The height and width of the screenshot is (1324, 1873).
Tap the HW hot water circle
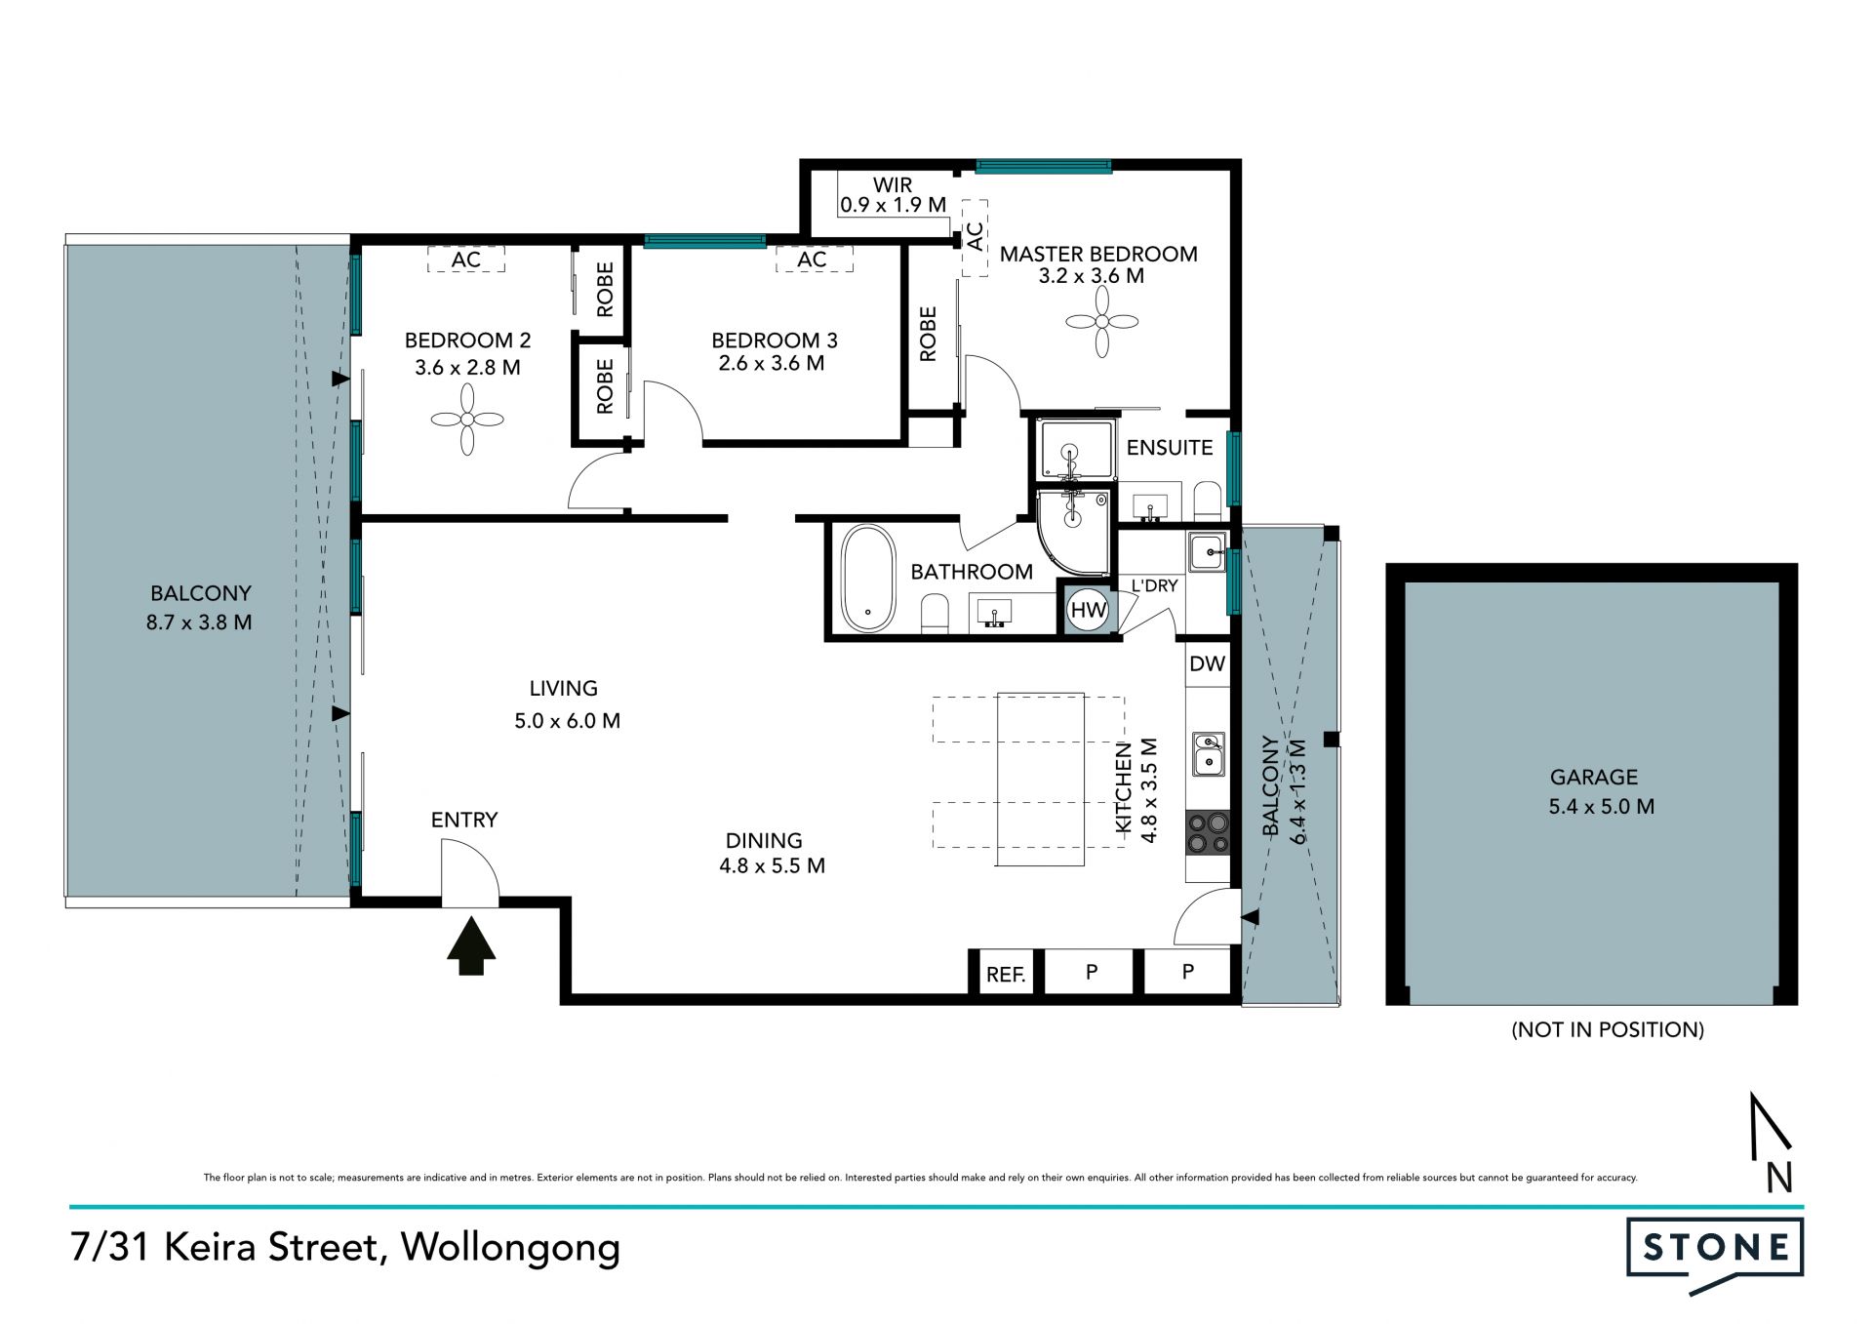coord(1088,611)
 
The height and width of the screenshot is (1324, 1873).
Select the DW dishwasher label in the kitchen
coord(1207,664)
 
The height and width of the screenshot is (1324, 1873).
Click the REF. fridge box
coord(1006,974)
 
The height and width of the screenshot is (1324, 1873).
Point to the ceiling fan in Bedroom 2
coord(467,419)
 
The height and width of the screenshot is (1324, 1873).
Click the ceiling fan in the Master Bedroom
coord(1101,321)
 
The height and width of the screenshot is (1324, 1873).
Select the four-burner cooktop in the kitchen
coord(1207,833)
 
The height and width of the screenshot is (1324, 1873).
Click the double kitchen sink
coord(1209,754)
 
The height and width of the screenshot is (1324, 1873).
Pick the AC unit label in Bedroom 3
coord(812,260)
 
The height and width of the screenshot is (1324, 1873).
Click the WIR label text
coord(893,184)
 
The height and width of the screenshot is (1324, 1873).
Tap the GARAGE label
coord(1594,778)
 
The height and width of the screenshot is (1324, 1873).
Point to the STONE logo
coord(1715,1255)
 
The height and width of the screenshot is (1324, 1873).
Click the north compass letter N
coord(1779,1179)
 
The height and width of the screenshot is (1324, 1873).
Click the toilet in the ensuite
coord(1208,500)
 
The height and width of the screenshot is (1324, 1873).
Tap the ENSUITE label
coord(1170,448)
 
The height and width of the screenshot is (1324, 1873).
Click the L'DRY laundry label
coord(1154,585)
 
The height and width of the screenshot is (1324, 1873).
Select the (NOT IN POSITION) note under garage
coord(1607,1029)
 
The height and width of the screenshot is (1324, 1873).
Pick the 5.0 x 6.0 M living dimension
coord(567,721)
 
